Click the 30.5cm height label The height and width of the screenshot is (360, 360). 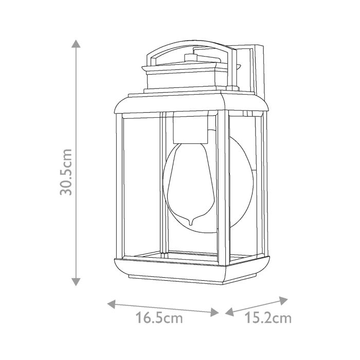tap(66, 172)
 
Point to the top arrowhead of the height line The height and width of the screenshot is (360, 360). tap(76, 43)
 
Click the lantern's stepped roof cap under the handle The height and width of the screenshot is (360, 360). tap(190, 77)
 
